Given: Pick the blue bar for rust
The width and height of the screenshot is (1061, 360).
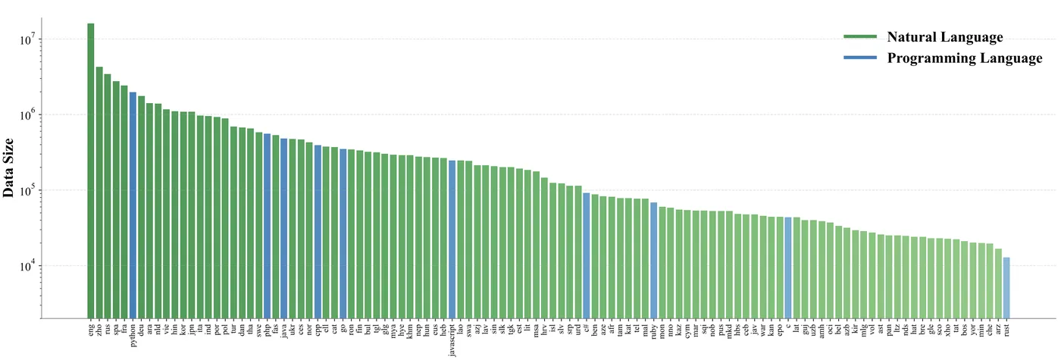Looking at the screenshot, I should [1006, 288].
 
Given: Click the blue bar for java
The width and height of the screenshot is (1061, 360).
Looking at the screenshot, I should [284, 228].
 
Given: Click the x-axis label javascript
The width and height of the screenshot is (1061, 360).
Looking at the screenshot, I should [452, 339].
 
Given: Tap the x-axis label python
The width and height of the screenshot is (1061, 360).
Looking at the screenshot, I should [133, 334].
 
